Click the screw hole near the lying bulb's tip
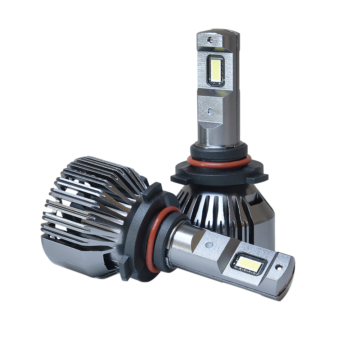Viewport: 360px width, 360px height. click(278, 268)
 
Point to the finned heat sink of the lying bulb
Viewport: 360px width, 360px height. click(86, 209)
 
